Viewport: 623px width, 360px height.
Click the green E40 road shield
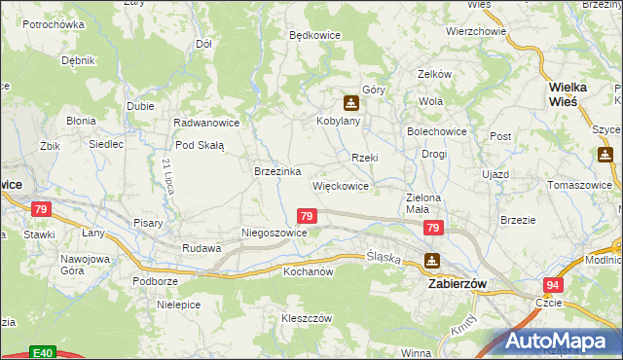coord(42,352)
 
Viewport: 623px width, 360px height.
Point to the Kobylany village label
coord(339,122)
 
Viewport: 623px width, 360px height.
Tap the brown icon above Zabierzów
coord(431,261)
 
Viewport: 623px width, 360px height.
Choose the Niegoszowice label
coord(275,234)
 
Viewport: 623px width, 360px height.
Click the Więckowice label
coord(340,185)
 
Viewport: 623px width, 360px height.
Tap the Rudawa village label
coord(202,248)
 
